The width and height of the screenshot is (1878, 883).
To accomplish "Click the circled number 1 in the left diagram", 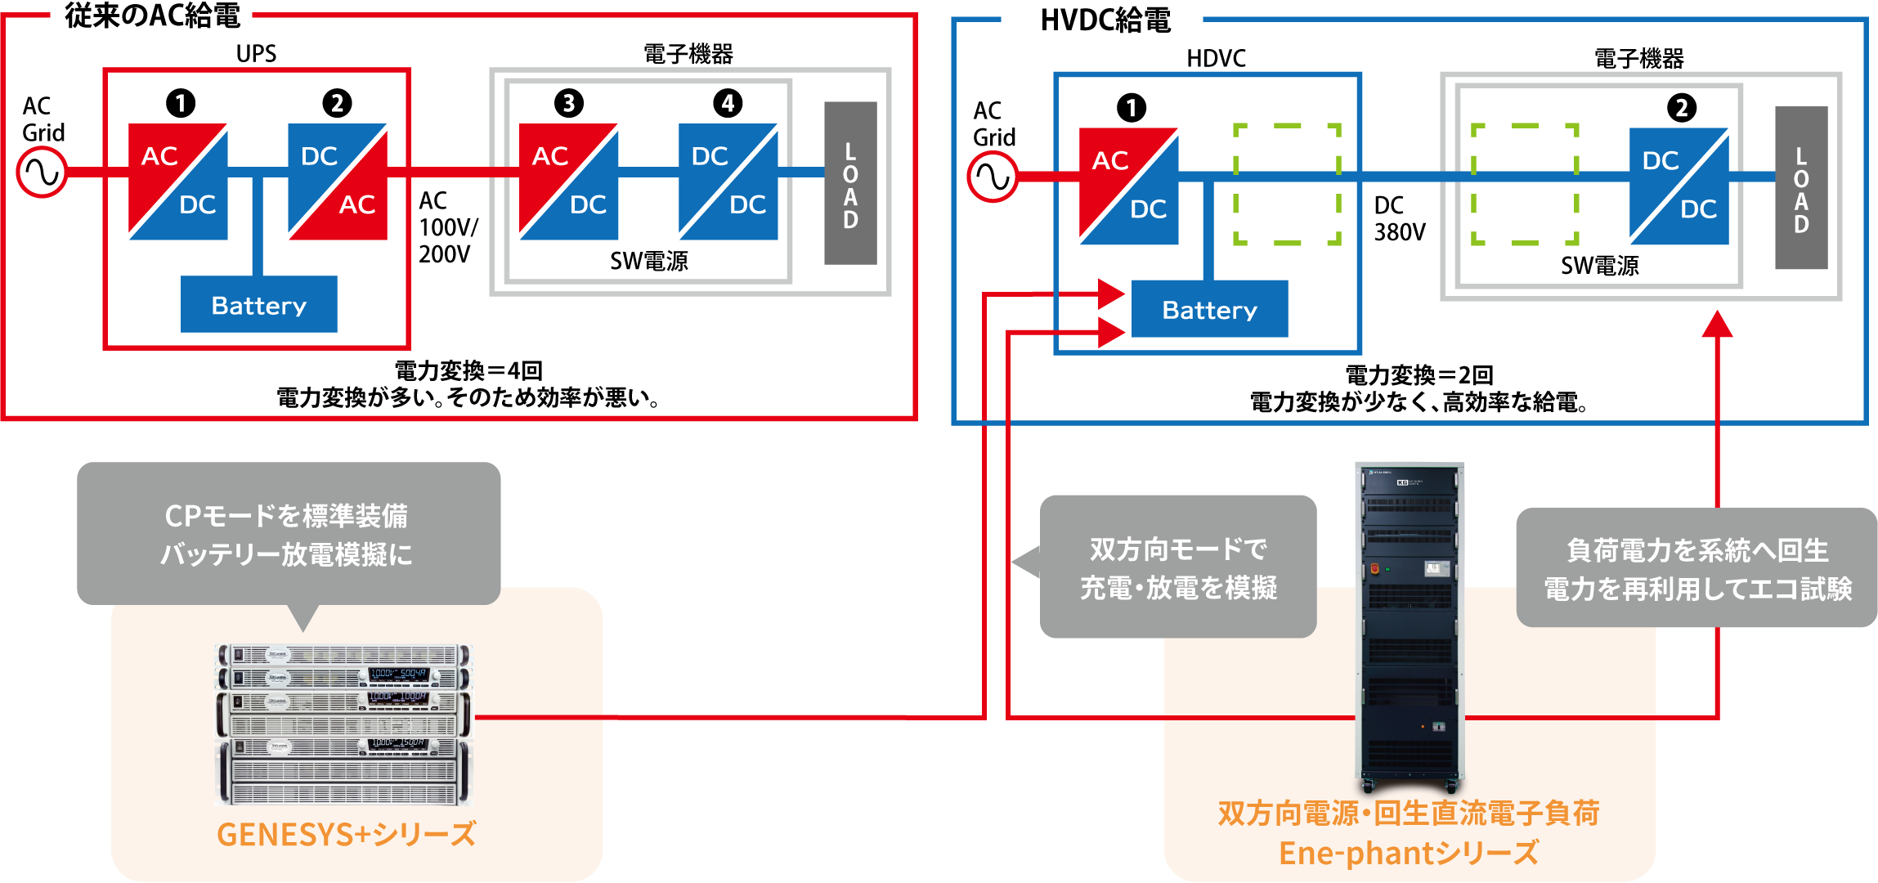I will point(181,103).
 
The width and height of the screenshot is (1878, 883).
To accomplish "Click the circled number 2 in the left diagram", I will point(337,103).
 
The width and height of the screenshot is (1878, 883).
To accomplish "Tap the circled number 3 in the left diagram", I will point(568,103).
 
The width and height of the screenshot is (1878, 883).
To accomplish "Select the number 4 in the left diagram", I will point(728,103).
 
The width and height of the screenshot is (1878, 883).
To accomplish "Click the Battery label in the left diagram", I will point(258,306).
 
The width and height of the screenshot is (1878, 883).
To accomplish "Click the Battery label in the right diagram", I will point(1209,311).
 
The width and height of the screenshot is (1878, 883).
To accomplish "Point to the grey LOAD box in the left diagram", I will point(854,194).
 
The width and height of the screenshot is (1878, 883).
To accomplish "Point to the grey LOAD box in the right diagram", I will point(1805,200).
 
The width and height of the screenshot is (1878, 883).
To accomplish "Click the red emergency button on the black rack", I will point(1374,568).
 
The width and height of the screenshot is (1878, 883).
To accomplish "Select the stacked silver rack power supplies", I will point(343,724).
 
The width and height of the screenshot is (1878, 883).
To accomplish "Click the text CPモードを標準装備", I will point(286,516).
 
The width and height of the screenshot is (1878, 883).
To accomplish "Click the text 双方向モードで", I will point(1178,549).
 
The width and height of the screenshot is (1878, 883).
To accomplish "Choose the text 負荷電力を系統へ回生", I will point(1697,550).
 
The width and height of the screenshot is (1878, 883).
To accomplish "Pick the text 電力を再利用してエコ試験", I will point(1697,589).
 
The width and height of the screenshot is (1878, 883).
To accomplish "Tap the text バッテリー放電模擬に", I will point(286,554).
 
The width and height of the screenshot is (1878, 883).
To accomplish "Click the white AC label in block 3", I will point(549,156).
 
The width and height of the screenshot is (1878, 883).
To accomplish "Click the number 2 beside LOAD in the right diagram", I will point(1682,108).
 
